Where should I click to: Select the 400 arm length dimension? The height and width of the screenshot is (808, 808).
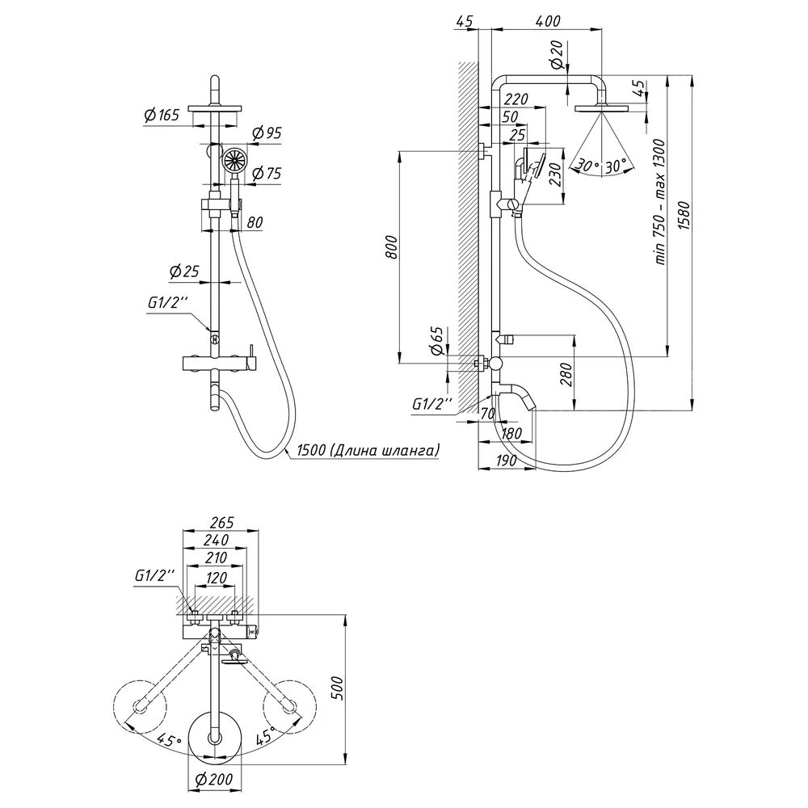pyautogui.click(x=547, y=21)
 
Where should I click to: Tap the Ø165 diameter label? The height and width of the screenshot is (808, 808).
pyautogui.click(x=162, y=115)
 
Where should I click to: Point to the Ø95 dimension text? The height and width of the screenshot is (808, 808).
pyautogui.click(x=267, y=133)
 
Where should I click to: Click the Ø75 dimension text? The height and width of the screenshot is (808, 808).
pyautogui.click(x=267, y=173)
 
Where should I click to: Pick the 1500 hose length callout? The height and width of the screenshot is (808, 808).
pyautogui.click(x=368, y=450)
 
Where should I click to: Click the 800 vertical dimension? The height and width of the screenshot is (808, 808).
pyautogui.click(x=393, y=246)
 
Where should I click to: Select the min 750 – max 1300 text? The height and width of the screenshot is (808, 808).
pyautogui.click(x=661, y=202)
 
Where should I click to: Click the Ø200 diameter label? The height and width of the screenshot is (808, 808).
pyautogui.click(x=214, y=780)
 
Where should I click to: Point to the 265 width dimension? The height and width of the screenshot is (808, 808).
pyautogui.click(x=221, y=523)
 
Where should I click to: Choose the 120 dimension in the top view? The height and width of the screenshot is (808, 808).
pyautogui.click(x=216, y=578)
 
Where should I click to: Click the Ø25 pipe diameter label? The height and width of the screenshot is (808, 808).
pyautogui.click(x=184, y=271)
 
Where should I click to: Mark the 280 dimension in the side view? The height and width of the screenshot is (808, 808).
pyautogui.click(x=566, y=375)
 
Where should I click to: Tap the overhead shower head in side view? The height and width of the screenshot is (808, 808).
pyautogui.click(x=602, y=107)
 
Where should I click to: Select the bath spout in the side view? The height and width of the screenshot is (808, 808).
pyautogui.click(x=516, y=394)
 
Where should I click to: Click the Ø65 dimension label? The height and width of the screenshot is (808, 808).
pyautogui.click(x=437, y=341)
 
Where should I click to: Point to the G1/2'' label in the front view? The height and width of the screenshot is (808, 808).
pyautogui.click(x=166, y=303)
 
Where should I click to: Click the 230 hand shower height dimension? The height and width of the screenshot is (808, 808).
pyautogui.click(x=555, y=177)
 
